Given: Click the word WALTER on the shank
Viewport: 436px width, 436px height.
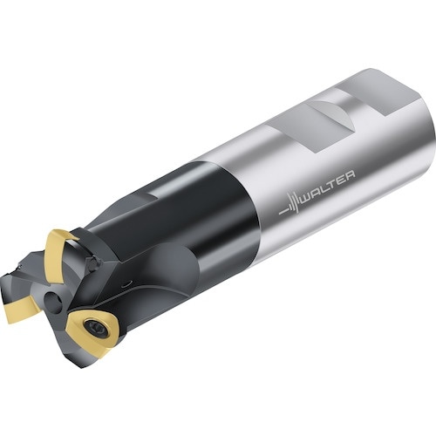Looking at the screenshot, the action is coord(328,187).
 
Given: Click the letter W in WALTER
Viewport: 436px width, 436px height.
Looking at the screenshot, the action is coord(307,199).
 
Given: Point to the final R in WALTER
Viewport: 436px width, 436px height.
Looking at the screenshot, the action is coord(350,175).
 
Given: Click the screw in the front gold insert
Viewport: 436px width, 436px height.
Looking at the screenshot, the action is coord(96,328).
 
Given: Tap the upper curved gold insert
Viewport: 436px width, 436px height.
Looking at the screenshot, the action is coord(58,259).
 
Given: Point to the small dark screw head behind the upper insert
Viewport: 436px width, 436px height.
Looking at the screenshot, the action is coord(94,264).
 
